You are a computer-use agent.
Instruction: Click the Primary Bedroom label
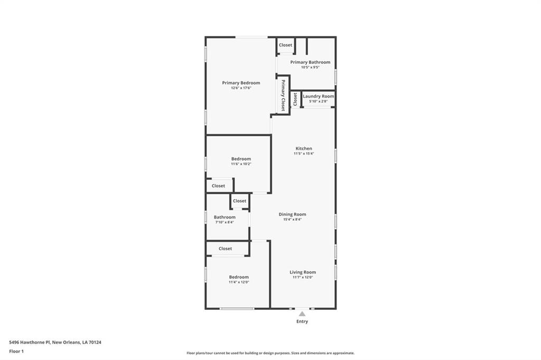pos(241,83)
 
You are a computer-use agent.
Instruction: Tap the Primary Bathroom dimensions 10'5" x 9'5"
pos(310,67)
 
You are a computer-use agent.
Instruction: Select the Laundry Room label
pos(318,96)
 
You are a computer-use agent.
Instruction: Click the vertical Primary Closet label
pos(283,94)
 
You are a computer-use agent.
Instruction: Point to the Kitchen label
pos(304,148)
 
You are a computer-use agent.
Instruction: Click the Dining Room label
pos(292,214)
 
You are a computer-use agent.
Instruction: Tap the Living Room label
pos(303,272)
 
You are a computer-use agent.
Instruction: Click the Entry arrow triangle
pos(302,314)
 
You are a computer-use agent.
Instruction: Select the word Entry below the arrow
pos(302,321)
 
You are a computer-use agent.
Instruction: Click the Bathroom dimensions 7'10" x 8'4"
pos(225,222)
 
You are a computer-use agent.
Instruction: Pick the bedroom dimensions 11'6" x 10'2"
pos(241,164)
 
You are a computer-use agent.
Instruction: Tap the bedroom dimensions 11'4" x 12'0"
pos(239,282)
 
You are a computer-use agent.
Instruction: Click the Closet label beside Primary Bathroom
pos(285,45)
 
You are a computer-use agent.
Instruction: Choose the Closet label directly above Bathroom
pos(239,201)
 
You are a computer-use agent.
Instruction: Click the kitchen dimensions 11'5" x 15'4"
pos(304,154)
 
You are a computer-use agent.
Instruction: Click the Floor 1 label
pos(16,351)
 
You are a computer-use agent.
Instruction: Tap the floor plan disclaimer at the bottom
pos(270,353)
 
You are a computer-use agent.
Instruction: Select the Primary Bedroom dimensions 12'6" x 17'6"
pos(241,88)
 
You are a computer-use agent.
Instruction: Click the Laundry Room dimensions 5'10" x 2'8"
pos(318,101)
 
